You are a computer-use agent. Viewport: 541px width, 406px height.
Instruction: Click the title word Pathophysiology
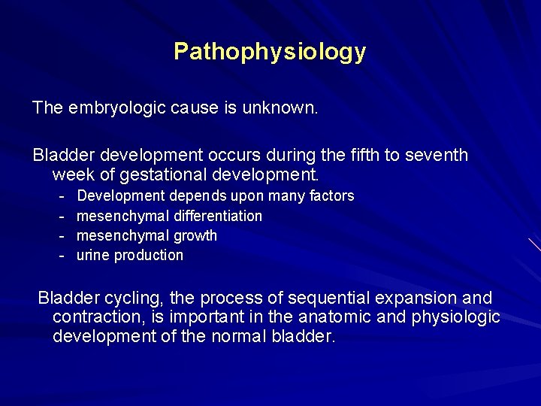point(270,52)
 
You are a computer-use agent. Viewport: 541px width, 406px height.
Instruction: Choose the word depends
point(198,196)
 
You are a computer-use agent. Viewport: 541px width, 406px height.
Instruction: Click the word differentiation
point(218,216)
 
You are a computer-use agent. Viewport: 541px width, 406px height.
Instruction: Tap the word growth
point(195,235)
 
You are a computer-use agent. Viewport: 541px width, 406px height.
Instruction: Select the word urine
point(93,255)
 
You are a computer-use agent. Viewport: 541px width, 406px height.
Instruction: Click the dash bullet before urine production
point(62,255)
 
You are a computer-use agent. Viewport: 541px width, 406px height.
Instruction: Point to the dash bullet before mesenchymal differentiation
point(62,216)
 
